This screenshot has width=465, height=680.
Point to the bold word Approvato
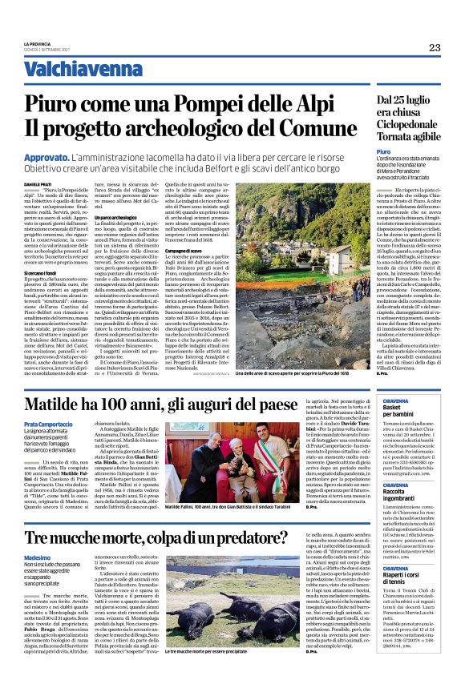click(69, 159)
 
